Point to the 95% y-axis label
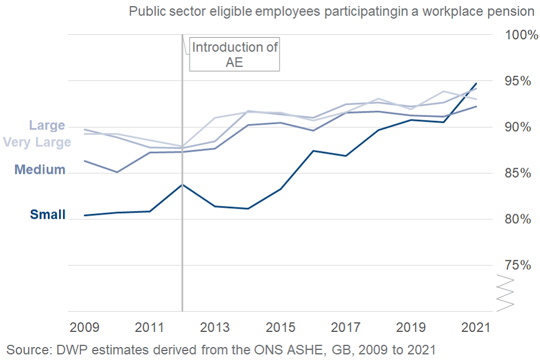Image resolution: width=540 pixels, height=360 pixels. pyautogui.click(x=516, y=81)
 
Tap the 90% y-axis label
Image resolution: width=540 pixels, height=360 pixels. pyautogui.click(x=516, y=127)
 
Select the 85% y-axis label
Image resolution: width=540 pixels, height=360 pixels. pyautogui.click(x=516, y=173)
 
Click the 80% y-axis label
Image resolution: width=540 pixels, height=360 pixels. pyautogui.click(x=516, y=219)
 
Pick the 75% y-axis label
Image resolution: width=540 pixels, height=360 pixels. pyautogui.click(x=516, y=265)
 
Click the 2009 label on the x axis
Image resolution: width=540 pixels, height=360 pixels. pyautogui.click(x=84, y=328)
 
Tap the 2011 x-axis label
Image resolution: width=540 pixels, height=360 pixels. pyautogui.click(x=149, y=328)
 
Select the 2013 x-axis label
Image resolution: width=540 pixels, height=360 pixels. pyautogui.click(x=215, y=328)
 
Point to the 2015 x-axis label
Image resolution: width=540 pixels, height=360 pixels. pyautogui.click(x=280, y=328)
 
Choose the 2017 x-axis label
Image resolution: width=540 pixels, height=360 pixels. pyautogui.click(x=345, y=328)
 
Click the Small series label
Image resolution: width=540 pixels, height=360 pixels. pyautogui.click(x=48, y=214)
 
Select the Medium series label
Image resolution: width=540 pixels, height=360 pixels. pyautogui.click(x=40, y=169)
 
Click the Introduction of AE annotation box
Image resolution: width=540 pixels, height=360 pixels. pyautogui.click(x=235, y=55)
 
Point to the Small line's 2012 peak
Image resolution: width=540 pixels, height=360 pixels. pyautogui.click(x=182, y=184)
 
